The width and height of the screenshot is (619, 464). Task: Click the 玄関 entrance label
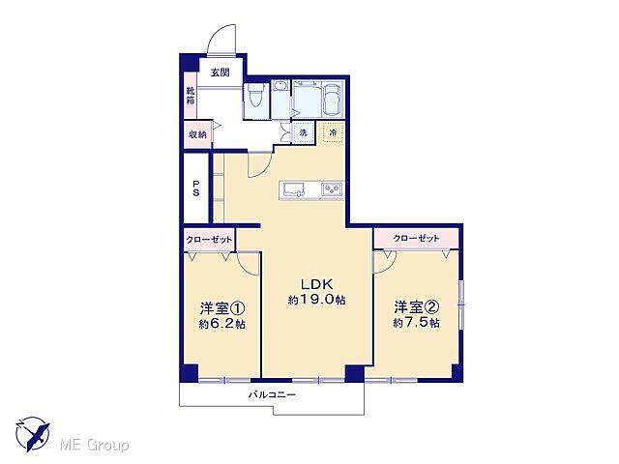click(219, 72)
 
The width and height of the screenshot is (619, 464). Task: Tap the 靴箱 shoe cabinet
click(192, 96)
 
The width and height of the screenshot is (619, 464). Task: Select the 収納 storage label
click(197, 134)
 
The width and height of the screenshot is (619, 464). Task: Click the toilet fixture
click(256, 97)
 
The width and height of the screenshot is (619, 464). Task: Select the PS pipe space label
click(196, 188)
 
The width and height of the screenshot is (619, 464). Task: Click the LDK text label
click(316, 285)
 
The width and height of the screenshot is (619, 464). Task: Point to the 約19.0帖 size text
click(316, 301)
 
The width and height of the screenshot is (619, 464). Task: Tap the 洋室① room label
click(220, 308)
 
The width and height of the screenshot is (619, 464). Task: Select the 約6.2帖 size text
click(221, 324)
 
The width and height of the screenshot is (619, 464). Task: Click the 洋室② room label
click(416, 308)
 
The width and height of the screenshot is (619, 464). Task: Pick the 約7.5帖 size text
click(417, 324)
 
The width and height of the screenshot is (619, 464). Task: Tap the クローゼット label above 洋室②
click(417, 237)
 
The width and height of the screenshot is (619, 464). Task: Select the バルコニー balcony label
click(272, 394)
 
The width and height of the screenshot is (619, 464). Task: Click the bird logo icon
click(32, 434)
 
